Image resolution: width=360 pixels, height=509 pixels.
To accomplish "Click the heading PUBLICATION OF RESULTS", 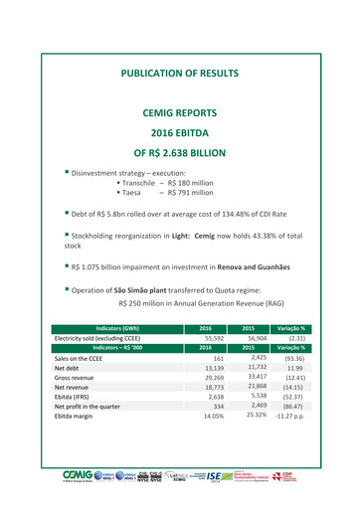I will (181, 75).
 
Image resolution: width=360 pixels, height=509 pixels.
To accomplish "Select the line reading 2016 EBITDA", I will (181, 133).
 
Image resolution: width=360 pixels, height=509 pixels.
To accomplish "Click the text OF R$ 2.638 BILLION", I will (181, 154).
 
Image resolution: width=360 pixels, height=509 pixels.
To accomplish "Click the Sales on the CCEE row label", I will (83, 357).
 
